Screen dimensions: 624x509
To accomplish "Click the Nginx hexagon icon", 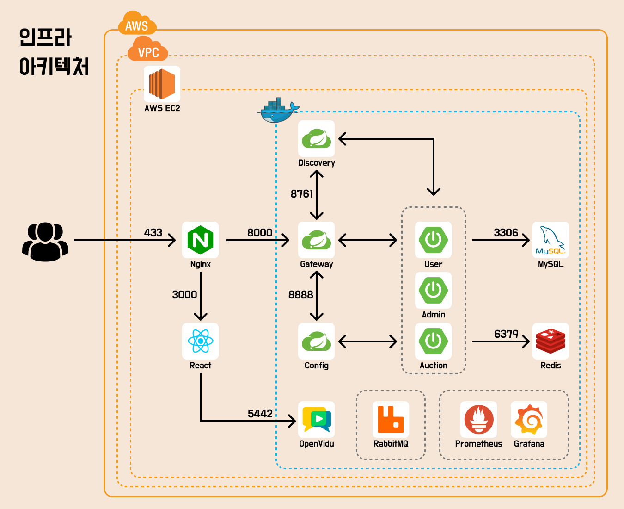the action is click(201, 240).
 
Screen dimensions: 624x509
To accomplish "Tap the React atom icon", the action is click(201, 341).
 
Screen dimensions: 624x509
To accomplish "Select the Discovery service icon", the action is click(317, 138).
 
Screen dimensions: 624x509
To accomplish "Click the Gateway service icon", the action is click(317, 240).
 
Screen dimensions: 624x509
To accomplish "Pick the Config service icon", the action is click(317, 341).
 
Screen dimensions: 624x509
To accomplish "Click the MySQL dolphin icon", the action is click(551, 240).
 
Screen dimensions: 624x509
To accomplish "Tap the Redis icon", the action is click(551, 341).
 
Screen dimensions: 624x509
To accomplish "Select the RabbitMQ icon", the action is click(391, 419).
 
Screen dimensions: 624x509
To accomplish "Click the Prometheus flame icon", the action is click(479, 419).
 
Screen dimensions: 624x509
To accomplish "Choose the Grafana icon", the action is click(529, 419).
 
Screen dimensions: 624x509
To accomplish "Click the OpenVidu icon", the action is click(317, 419).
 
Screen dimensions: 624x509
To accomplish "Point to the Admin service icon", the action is click(433, 290).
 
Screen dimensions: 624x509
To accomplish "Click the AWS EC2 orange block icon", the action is click(162, 84).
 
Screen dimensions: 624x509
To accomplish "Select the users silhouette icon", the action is click(45, 242).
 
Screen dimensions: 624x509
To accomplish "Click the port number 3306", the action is click(506, 232).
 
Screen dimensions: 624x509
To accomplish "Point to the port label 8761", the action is click(302, 194).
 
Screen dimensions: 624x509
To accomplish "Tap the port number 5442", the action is click(260, 413).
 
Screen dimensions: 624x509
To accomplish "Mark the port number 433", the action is click(153, 232).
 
